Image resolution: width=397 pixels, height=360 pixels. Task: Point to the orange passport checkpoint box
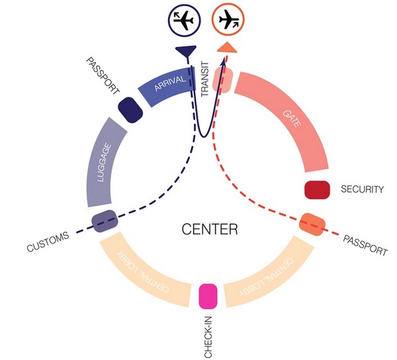tap(310, 224)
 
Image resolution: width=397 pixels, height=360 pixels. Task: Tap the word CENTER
tap(209, 230)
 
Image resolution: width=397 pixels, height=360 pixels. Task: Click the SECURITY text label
tap(362, 190)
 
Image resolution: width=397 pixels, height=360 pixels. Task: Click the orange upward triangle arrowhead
tap(226, 46)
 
